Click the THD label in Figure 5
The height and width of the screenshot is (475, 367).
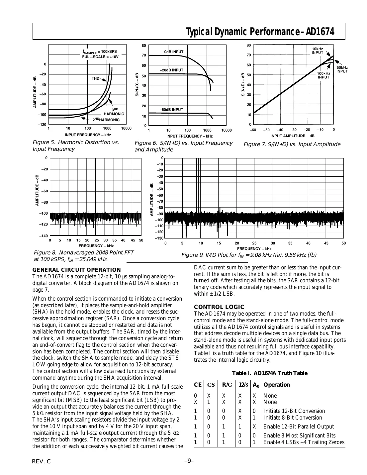(x=95, y=78)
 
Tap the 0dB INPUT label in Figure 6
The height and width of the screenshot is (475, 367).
(x=174, y=52)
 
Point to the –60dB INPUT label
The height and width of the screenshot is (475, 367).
(x=171, y=110)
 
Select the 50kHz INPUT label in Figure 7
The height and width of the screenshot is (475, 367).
(x=342, y=69)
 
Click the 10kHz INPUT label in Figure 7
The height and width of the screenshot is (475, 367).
(x=318, y=50)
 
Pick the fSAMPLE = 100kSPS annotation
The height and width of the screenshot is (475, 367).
(x=100, y=52)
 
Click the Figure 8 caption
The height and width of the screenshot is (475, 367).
(x=83, y=256)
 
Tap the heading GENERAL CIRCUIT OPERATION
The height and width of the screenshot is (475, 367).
(x=76, y=270)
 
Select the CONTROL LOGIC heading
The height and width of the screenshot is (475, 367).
(x=219, y=307)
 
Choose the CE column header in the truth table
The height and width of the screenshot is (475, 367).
(x=198, y=385)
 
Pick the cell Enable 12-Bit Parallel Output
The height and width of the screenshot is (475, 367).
(x=299, y=427)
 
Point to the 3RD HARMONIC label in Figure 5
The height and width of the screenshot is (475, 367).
(x=114, y=112)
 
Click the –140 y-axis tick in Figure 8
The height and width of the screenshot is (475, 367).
(x=43, y=236)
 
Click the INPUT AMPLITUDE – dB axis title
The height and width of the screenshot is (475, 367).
(x=292, y=136)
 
